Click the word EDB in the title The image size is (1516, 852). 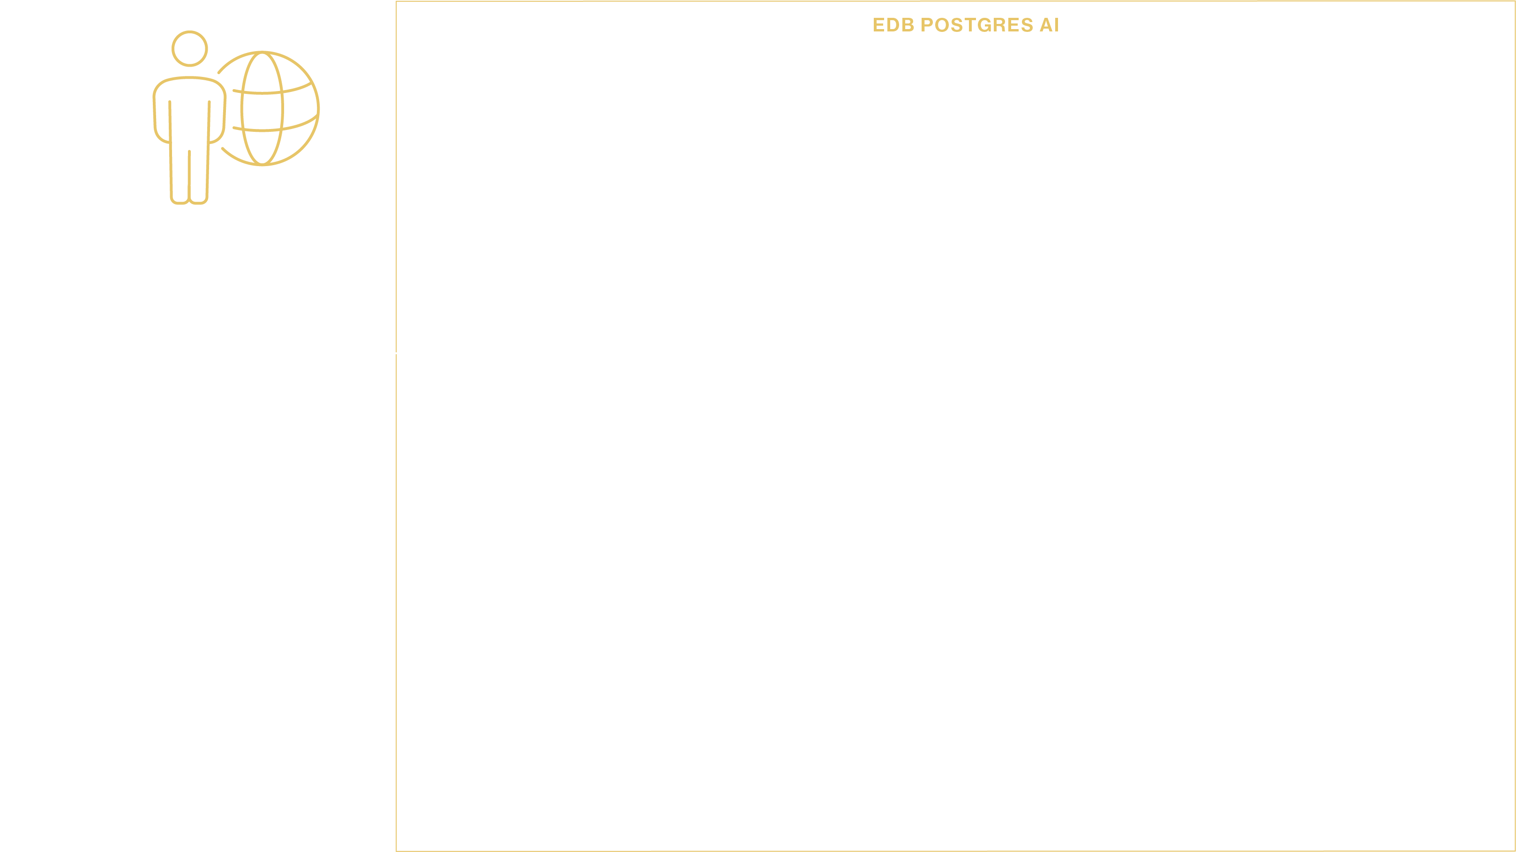pos(893,25)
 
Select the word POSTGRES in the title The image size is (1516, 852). pos(977,25)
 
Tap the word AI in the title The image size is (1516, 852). pos(1049,25)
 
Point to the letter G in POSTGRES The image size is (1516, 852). pos(985,25)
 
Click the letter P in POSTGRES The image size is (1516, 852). pos(927,25)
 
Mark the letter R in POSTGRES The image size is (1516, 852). pos(1000,25)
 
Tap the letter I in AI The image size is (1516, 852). pos(1057,25)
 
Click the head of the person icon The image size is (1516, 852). pos(189,48)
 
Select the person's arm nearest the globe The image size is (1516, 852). pos(217,121)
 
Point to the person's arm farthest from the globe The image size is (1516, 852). pos(161,121)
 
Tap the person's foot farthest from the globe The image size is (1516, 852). pos(180,201)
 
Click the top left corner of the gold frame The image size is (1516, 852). pos(397,2)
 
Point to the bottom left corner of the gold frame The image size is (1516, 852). pos(397,850)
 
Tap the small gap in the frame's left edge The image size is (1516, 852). pos(396,353)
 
